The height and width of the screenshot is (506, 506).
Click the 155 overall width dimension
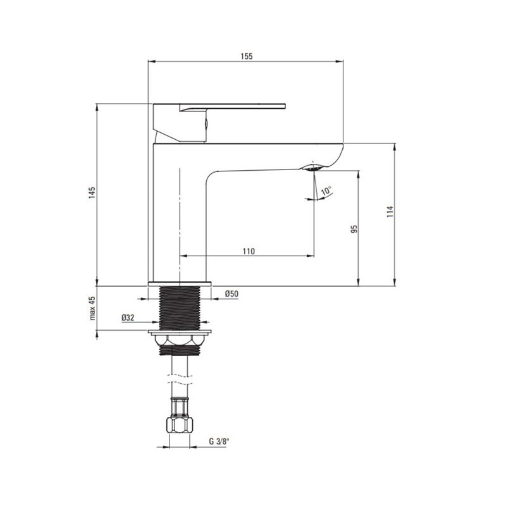click(x=247, y=56)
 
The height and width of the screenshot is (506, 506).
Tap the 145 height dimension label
click(x=92, y=193)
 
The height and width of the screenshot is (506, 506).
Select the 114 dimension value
click(x=390, y=211)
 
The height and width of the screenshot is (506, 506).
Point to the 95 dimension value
click(x=354, y=229)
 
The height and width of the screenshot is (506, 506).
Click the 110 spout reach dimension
click(x=249, y=251)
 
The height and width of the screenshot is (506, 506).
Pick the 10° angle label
click(x=326, y=191)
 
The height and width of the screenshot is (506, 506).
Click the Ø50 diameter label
click(x=231, y=293)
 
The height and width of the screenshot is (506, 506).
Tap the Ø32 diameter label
click(x=128, y=318)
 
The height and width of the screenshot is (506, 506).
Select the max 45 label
click(x=92, y=308)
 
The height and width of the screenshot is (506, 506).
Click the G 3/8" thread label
click(x=218, y=441)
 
